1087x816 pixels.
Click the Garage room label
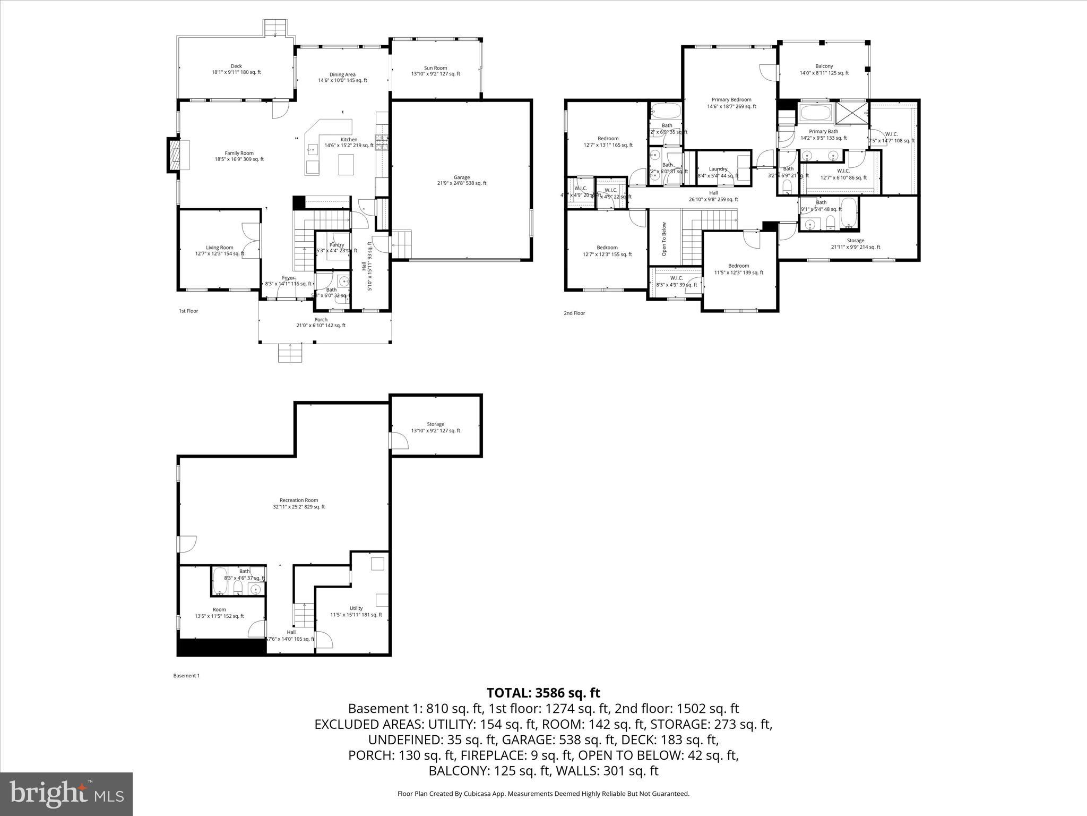tap(461, 177)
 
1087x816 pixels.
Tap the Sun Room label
tap(435, 68)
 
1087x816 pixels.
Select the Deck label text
tap(236, 66)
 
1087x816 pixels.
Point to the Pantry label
tap(337, 245)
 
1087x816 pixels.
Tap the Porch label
tap(321, 320)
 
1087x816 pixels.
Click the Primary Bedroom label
tap(731, 100)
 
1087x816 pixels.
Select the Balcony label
tap(824, 66)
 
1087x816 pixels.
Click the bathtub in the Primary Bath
tap(816, 113)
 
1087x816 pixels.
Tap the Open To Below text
tap(664, 239)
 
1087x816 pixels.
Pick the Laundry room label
tap(718, 169)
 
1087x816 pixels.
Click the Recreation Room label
tap(299, 500)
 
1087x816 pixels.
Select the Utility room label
tap(356, 608)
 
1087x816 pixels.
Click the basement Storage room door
tap(395, 440)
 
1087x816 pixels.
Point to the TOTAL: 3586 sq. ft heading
tap(543, 693)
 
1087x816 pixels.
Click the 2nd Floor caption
tap(574, 313)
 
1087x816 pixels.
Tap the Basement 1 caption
tap(186, 676)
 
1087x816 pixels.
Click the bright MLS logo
tap(66, 794)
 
